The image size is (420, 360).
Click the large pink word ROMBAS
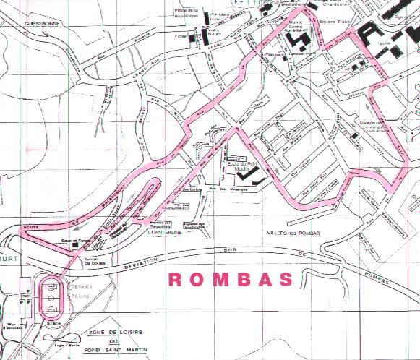(x=231, y=280)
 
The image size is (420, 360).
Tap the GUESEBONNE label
(x=45, y=22)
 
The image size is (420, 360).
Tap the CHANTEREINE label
(x=164, y=233)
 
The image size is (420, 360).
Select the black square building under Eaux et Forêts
(x=76, y=247)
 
